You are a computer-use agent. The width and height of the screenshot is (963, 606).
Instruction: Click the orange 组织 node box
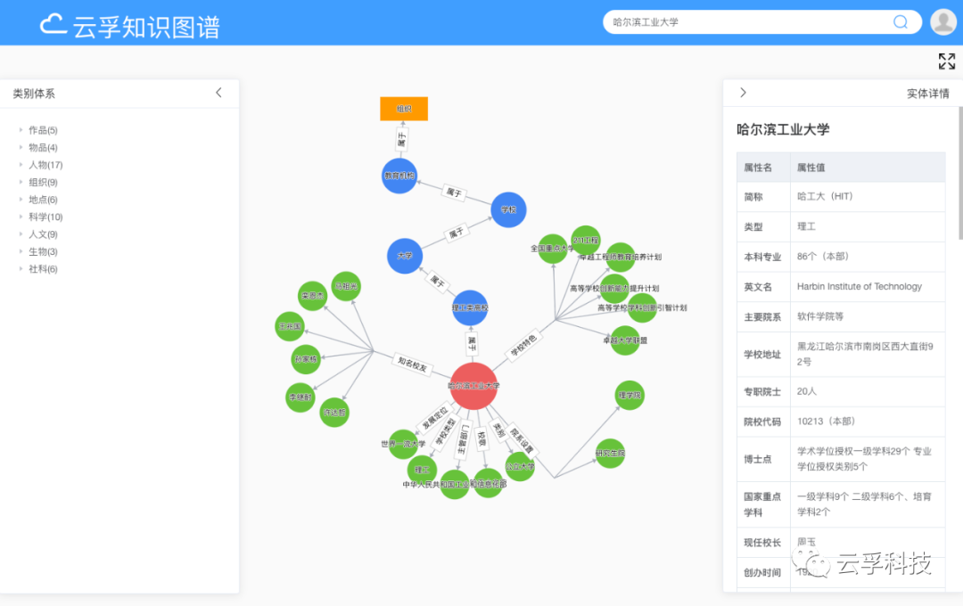[x=404, y=109]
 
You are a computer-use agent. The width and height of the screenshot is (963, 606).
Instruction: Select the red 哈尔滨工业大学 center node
[x=473, y=386]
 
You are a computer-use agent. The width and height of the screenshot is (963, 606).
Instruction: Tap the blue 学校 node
[x=508, y=209]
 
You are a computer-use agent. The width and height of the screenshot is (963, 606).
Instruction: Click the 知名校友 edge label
[x=412, y=363]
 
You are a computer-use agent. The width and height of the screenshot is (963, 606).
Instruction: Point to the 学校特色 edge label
[x=523, y=346]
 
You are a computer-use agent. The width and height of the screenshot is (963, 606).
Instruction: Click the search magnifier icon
[x=901, y=22]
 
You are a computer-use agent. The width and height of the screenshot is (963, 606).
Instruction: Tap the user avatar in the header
[x=942, y=22]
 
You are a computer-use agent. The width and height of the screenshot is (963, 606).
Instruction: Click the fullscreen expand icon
[x=947, y=61]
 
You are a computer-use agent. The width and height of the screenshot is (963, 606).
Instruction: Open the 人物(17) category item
[x=45, y=165]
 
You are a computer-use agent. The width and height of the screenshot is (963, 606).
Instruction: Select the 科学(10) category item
[x=45, y=217]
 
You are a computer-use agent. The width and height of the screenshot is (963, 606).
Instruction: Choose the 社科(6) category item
[x=42, y=269]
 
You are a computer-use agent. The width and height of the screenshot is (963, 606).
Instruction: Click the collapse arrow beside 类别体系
[x=219, y=93]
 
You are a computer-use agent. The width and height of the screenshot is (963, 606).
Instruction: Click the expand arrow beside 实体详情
[x=743, y=93]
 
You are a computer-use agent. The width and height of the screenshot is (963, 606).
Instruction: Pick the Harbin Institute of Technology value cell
[x=859, y=287]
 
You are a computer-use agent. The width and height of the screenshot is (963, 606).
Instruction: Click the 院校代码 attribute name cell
[x=762, y=422]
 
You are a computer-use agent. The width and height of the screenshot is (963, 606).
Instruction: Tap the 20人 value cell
[x=807, y=391]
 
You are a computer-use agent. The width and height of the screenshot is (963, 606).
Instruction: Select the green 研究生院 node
[x=610, y=454]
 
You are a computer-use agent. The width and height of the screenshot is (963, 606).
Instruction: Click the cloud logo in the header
[x=53, y=24]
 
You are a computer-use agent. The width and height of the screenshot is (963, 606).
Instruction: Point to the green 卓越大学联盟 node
[x=625, y=340]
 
